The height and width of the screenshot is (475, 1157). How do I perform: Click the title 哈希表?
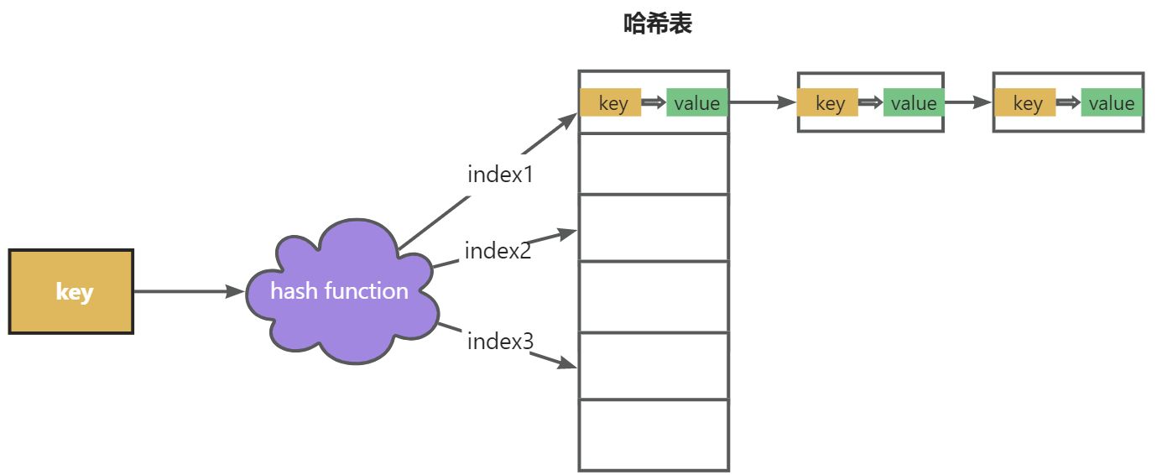click(x=658, y=23)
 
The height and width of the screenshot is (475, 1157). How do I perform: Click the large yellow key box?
click(x=71, y=291)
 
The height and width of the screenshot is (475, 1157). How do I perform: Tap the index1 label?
click(x=500, y=175)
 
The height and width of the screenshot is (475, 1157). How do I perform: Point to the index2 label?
click(x=498, y=251)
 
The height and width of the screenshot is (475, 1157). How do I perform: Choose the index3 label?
click(x=500, y=341)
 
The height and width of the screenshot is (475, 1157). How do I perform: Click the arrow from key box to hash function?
click(x=189, y=291)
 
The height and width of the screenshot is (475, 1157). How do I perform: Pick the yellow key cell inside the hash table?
click(x=611, y=102)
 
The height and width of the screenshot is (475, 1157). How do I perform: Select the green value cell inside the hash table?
click(x=696, y=102)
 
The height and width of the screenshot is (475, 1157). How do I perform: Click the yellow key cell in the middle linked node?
click(x=828, y=102)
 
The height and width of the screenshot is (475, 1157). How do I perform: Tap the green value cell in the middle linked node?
click(x=914, y=102)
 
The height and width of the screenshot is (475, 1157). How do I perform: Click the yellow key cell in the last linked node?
click(x=1025, y=102)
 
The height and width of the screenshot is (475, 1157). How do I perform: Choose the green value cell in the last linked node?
click(x=1112, y=102)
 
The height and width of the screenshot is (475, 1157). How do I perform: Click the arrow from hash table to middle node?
click(x=763, y=102)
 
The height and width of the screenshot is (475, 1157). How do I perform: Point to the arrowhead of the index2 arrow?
click(x=567, y=233)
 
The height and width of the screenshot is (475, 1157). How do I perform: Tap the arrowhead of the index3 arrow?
click(x=567, y=363)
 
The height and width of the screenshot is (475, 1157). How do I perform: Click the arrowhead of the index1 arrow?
click(x=568, y=121)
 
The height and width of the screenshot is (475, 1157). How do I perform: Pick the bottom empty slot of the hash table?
click(x=654, y=435)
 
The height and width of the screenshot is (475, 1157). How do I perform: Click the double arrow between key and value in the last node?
click(x=1068, y=102)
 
